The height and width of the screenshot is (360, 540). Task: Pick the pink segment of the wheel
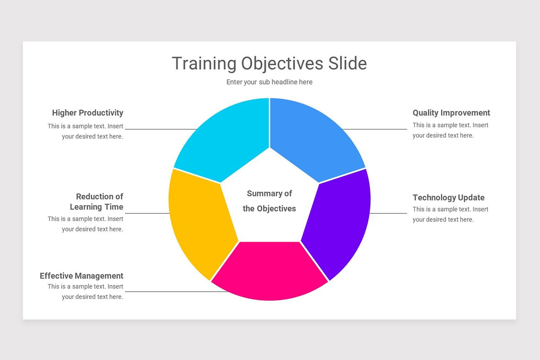click(269, 270)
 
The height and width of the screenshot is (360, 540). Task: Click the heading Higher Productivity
click(87, 113)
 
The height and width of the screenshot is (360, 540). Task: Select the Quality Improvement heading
click(451, 113)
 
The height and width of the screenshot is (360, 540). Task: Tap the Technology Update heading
click(448, 198)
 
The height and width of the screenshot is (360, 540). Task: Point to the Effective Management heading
click(81, 276)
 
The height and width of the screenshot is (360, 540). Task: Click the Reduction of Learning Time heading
click(97, 202)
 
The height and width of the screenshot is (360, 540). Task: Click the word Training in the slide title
click(204, 63)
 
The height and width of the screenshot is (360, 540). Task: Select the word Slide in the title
click(347, 63)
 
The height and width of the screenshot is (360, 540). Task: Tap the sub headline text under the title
click(269, 82)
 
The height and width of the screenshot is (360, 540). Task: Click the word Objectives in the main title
click(282, 63)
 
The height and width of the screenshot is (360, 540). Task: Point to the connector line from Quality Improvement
click(376, 130)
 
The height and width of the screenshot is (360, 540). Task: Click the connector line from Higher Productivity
click(160, 130)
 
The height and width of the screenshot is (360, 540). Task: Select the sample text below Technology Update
click(450, 214)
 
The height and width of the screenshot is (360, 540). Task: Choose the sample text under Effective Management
click(85, 292)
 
